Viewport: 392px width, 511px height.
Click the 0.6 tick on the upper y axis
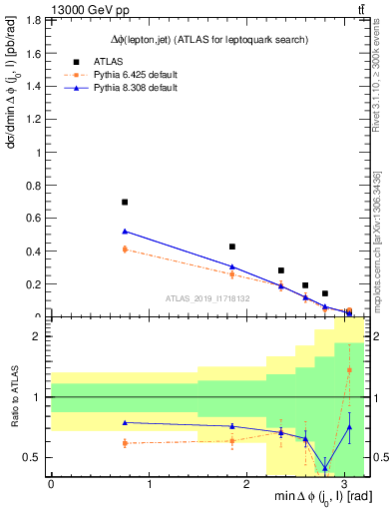click(x=38, y=219)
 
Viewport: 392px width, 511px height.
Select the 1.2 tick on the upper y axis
click(x=38, y=119)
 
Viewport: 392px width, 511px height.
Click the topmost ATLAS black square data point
click(x=125, y=203)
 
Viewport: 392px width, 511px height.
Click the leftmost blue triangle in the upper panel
click(x=125, y=232)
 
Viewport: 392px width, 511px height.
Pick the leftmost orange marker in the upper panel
click(x=125, y=250)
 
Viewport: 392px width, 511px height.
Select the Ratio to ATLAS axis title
click(x=14, y=399)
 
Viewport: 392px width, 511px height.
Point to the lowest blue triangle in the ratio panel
click(x=325, y=468)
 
